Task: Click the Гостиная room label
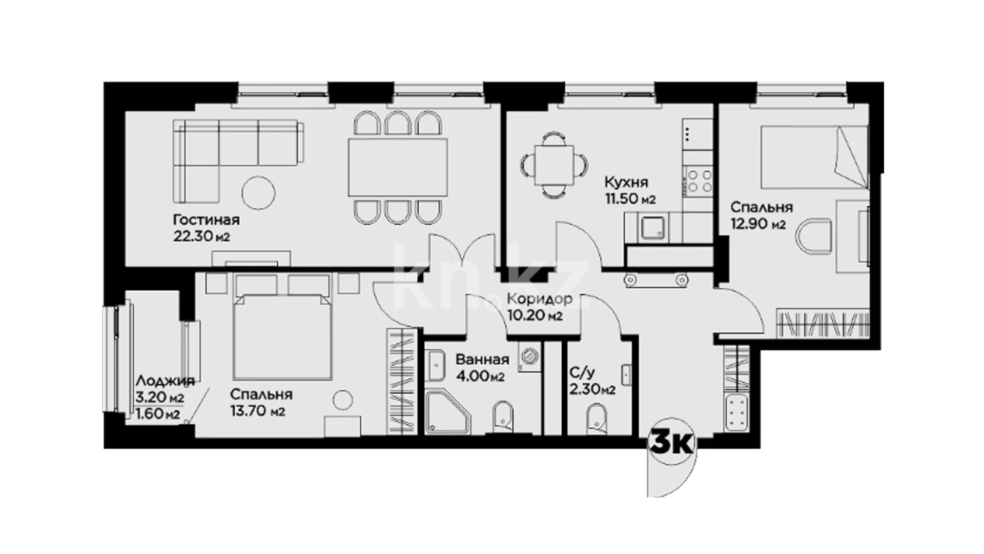206,220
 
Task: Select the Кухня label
626,182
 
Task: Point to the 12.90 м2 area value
758,224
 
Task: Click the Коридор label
540,299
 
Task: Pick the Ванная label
482,360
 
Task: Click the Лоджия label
165,381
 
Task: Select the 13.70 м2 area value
257,411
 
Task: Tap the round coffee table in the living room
258,193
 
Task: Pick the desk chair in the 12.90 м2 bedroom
814,237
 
